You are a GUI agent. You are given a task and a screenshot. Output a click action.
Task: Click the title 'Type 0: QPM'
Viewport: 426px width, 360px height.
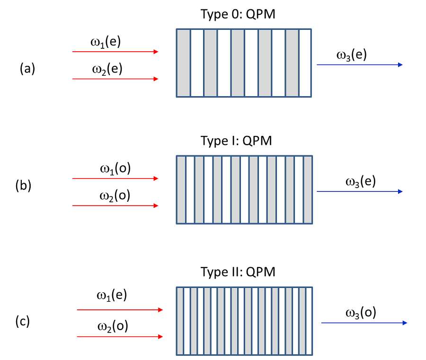244,14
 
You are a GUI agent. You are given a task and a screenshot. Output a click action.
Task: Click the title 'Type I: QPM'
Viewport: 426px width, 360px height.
244,141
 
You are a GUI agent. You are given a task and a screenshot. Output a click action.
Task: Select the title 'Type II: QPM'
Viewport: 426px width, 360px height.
244,272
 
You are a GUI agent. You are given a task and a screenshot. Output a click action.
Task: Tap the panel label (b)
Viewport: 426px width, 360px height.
23,185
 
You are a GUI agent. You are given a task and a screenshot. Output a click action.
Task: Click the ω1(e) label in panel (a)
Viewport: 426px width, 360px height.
106,42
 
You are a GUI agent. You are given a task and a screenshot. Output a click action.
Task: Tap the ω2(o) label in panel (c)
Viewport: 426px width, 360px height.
113,326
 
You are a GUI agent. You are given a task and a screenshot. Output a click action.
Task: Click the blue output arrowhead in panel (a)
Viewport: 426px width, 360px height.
400,64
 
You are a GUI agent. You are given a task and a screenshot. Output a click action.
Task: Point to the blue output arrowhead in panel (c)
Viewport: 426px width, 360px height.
405,323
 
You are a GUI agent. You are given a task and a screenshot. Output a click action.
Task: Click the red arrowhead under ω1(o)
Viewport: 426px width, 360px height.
156,179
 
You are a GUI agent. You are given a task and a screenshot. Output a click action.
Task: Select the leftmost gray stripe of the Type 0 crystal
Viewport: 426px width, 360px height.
183,63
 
